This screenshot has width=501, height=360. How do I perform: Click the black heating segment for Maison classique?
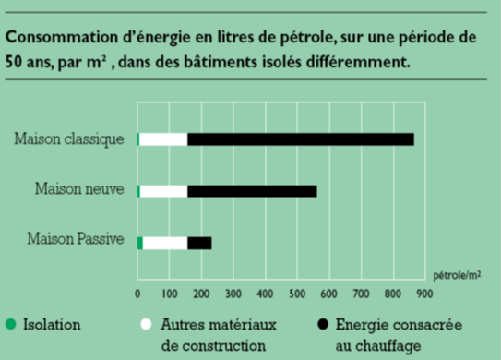(300, 139)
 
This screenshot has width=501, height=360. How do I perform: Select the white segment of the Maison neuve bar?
(163, 191)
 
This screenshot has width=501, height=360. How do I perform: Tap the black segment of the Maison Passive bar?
(199, 243)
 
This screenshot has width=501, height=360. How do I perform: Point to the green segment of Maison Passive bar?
(139, 243)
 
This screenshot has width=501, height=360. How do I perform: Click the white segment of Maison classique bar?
(163, 139)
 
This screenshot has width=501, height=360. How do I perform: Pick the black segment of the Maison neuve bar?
(252, 191)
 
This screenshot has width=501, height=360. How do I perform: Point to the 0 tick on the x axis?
(137, 294)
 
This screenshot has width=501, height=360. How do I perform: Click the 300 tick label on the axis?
(233, 294)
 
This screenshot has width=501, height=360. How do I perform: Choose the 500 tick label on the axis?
(296, 294)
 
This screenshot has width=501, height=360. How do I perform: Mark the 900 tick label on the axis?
(423, 294)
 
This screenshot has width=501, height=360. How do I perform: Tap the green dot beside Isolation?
(11, 325)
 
